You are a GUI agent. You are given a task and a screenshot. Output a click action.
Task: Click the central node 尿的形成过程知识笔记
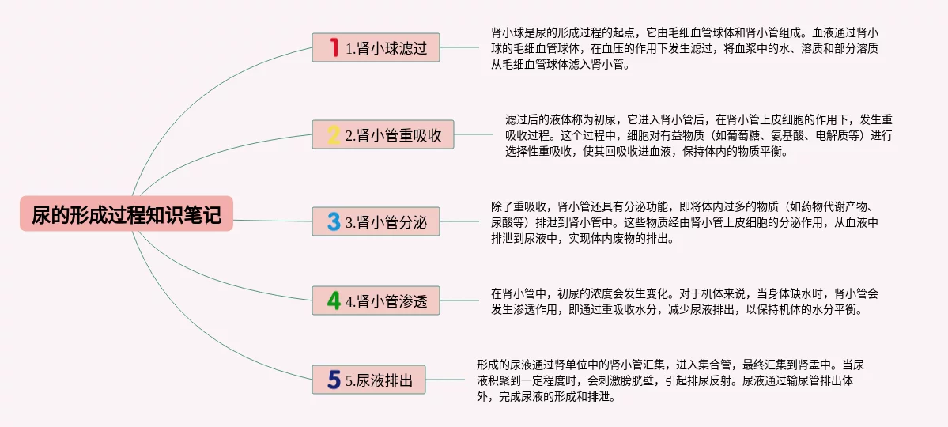tap(127, 213)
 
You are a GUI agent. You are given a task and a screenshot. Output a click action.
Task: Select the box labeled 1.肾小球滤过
tap(376, 47)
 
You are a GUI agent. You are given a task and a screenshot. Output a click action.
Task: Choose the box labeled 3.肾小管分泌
tap(376, 221)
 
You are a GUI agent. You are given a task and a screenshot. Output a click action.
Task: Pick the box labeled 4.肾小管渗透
tap(376, 300)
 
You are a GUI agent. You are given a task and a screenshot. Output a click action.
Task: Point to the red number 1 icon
tap(334, 47)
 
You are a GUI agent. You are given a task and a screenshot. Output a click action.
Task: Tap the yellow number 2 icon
tap(334, 134)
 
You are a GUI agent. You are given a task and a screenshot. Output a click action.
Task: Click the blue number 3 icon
tap(334, 221)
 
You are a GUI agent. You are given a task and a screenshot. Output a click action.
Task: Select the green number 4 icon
tap(334, 300)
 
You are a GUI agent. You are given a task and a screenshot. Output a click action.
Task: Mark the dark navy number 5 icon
tap(334, 380)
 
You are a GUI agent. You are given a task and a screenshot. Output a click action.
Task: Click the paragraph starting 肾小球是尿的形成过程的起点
tap(686, 49)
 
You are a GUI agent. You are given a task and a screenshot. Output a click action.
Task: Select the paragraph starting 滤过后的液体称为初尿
tap(699, 135)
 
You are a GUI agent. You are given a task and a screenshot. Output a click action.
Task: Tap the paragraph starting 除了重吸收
tap(685, 222)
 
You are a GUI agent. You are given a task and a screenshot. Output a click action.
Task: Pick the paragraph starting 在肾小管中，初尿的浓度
tap(685, 301)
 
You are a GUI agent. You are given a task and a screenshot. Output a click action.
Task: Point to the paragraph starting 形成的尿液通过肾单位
tap(670, 380)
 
